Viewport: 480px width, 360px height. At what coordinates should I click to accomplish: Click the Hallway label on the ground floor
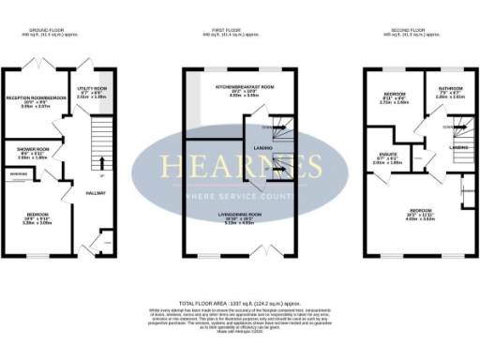click(97, 193)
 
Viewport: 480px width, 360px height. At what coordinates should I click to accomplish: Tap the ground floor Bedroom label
click(35, 216)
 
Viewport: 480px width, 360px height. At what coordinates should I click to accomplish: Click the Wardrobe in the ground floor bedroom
click(19, 174)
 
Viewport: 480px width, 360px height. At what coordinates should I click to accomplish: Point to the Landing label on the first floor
click(263, 148)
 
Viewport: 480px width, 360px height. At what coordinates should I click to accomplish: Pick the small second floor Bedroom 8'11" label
click(396, 97)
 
